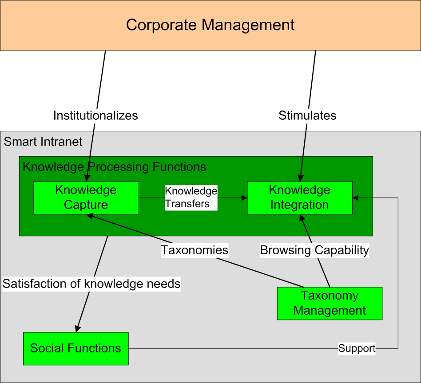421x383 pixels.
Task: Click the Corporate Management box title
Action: pyautogui.click(x=210, y=25)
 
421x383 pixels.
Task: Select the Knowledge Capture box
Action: pyautogui.click(x=86, y=197)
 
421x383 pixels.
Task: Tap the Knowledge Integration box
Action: pyautogui.click(x=300, y=197)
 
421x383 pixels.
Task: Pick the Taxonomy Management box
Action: pyautogui.click(x=330, y=303)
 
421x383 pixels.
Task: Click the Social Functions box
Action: pyautogui.click(x=75, y=348)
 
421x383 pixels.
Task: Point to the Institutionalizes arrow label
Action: pyautogui.click(x=95, y=116)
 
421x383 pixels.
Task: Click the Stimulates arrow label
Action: pyautogui.click(x=307, y=116)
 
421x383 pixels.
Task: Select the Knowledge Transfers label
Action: pyautogui.click(x=191, y=197)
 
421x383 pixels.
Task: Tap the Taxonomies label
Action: pyautogui.click(x=195, y=250)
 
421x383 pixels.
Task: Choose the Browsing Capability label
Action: pyautogui.click(x=314, y=250)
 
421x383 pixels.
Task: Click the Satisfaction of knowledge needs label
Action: pyautogui.click(x=91, y=284)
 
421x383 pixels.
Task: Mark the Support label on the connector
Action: pyautogui.click(x=357, y=348)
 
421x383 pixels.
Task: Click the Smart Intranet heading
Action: pyautogui.click(x=43, y=142)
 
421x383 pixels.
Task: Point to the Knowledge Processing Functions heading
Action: pyautogui.click(x=114, y=167)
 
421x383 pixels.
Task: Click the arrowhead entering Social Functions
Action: pyautogui.click(x=77, y=329)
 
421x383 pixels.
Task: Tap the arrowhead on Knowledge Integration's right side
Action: pyautogui.click(x=355, y=197)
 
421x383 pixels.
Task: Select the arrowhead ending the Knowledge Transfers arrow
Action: pyautogui.click(x=244, y=197)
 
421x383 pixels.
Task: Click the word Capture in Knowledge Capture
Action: pyautogui.click(x=86, y=205)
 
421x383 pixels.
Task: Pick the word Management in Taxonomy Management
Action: pyautogui.click(x=330, y=310)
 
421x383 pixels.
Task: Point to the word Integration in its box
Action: pyautogui.click(x=300, y=205)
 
